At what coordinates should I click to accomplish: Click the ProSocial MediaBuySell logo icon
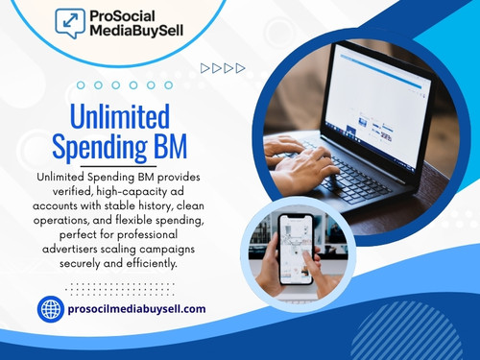click(x=69, y=21)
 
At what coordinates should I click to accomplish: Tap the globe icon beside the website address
click(x=50, y=308)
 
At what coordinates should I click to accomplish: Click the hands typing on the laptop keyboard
click(x=302, y=163)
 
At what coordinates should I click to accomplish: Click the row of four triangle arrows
click(x=223, y=68)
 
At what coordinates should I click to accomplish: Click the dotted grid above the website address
click(x=121, y=286)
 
